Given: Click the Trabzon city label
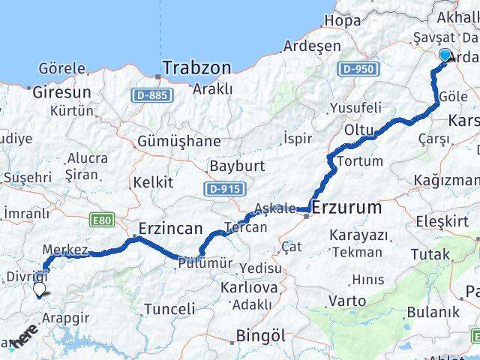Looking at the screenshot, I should tap(196, 68).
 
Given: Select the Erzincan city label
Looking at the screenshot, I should tap(170, 228).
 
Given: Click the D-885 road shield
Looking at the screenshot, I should tap(153, 94).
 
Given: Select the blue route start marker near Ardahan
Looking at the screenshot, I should tap(445, 55).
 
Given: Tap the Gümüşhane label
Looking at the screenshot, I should tap(179, 141).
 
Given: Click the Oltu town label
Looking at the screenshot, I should tap(358, 130).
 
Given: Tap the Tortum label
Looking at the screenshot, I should tap(361, 161).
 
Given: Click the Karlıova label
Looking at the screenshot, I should tap(248, 288).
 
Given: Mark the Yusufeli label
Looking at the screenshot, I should tap(355, 108).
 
